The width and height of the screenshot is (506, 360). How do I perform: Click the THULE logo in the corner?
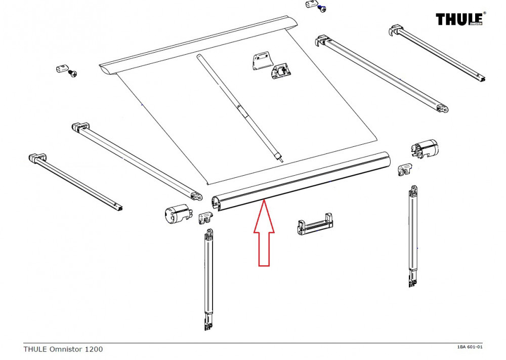tap(460, 19)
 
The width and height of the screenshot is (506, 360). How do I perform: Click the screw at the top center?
tap(321, 9)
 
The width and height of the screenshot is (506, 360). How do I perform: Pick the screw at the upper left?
tap(73, 74)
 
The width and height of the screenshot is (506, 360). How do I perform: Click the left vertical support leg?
tap(208, 273)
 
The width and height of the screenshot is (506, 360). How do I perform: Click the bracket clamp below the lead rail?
tap(315, 226)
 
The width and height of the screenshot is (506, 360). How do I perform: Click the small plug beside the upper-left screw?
tap(61, 68)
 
